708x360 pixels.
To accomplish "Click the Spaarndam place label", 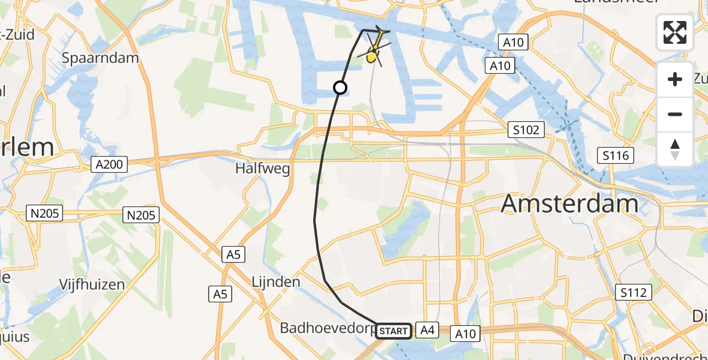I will click(101, 58).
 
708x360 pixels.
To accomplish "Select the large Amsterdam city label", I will click(569, 204).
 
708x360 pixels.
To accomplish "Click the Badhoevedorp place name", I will click(328, 328).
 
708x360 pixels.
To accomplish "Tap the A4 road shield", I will click(427, 329).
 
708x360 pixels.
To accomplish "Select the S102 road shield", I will click(526, 129).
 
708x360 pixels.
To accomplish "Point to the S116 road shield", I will click(616, 156).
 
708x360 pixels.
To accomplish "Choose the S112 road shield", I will click(634, 292).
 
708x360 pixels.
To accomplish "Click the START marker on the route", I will click(394, 331).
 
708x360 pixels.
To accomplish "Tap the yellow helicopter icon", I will click(374, 49).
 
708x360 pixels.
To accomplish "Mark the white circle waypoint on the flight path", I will click(340, 88).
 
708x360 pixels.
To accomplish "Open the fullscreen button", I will click(675, 32).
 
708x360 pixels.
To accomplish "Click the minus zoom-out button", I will click(675, 114).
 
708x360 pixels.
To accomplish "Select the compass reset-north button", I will click(675, 149).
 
